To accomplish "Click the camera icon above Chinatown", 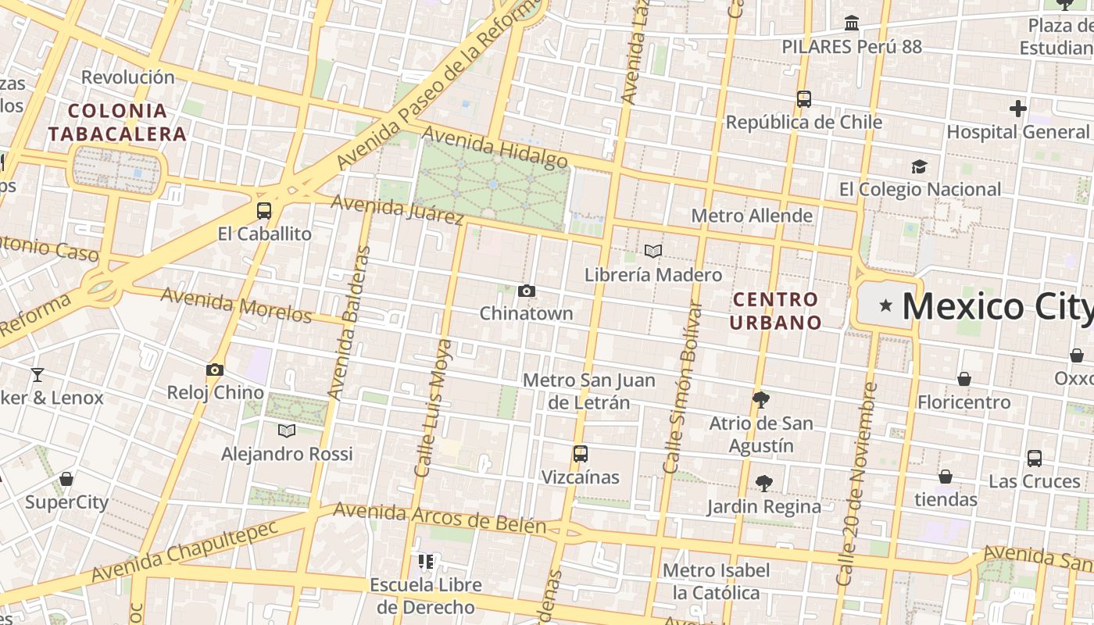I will point(527,291).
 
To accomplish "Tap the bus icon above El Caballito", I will point(264,211).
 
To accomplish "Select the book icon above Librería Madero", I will point(653,252).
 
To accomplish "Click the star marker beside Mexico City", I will point(885,305).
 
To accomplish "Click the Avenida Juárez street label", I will point(398,209).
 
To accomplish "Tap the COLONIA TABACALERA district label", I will point(117,122).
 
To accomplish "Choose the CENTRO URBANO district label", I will point(776,310).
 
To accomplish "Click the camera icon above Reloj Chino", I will point(215,370).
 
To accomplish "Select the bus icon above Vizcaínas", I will point(580,454).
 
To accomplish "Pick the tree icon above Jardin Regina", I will point(764,484).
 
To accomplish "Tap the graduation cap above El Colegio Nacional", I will point(919,167).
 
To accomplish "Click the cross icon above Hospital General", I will point(1017,109).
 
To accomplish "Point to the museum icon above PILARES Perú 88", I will point(852,23).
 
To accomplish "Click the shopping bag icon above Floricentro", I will point(964,379).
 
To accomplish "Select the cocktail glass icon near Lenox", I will point(37,375).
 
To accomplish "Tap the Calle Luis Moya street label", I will point(434,408).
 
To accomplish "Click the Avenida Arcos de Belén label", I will point(439,517).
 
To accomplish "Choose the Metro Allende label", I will point(752,216).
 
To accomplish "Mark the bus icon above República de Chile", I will point(803,99).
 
